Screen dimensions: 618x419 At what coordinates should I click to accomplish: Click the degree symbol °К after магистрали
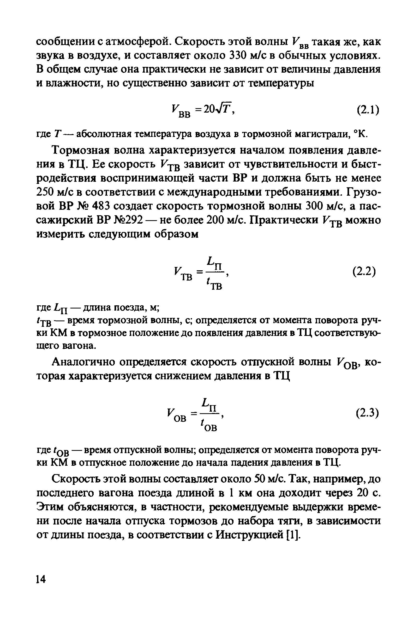point(361,135)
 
